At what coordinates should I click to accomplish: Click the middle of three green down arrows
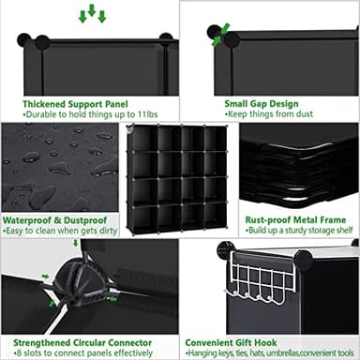92,11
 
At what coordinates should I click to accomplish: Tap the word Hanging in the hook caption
204,352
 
